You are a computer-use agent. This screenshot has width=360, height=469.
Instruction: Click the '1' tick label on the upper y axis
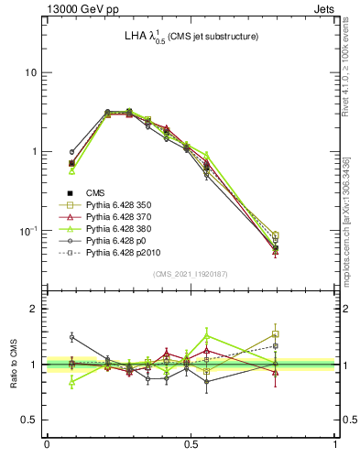[34, 152]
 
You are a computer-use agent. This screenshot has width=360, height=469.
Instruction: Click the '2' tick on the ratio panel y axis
[34, 309]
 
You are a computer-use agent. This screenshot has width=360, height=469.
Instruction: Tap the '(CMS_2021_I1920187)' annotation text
[191, 274]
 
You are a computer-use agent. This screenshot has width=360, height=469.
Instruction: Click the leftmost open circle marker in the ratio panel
[71, 337]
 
